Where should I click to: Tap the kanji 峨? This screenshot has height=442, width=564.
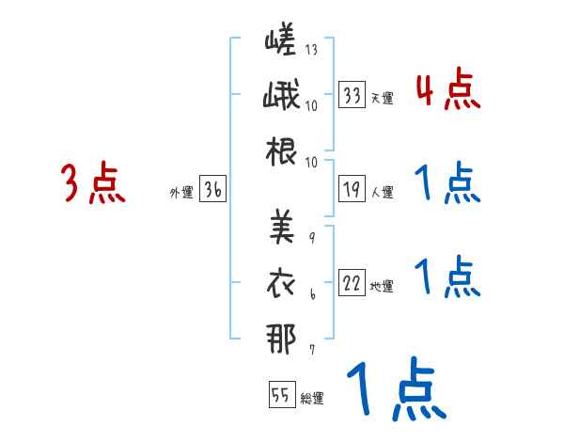pos(281,97)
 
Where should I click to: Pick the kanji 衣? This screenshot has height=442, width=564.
pos(281,280)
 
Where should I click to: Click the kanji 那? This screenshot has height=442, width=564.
pos(281,335)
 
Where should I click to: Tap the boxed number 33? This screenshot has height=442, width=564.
pos(352,94)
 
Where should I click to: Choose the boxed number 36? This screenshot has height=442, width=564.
pos(212,190)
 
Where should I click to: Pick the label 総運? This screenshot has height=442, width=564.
pos(311,398)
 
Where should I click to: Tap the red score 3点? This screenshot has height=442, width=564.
pos(93,183)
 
